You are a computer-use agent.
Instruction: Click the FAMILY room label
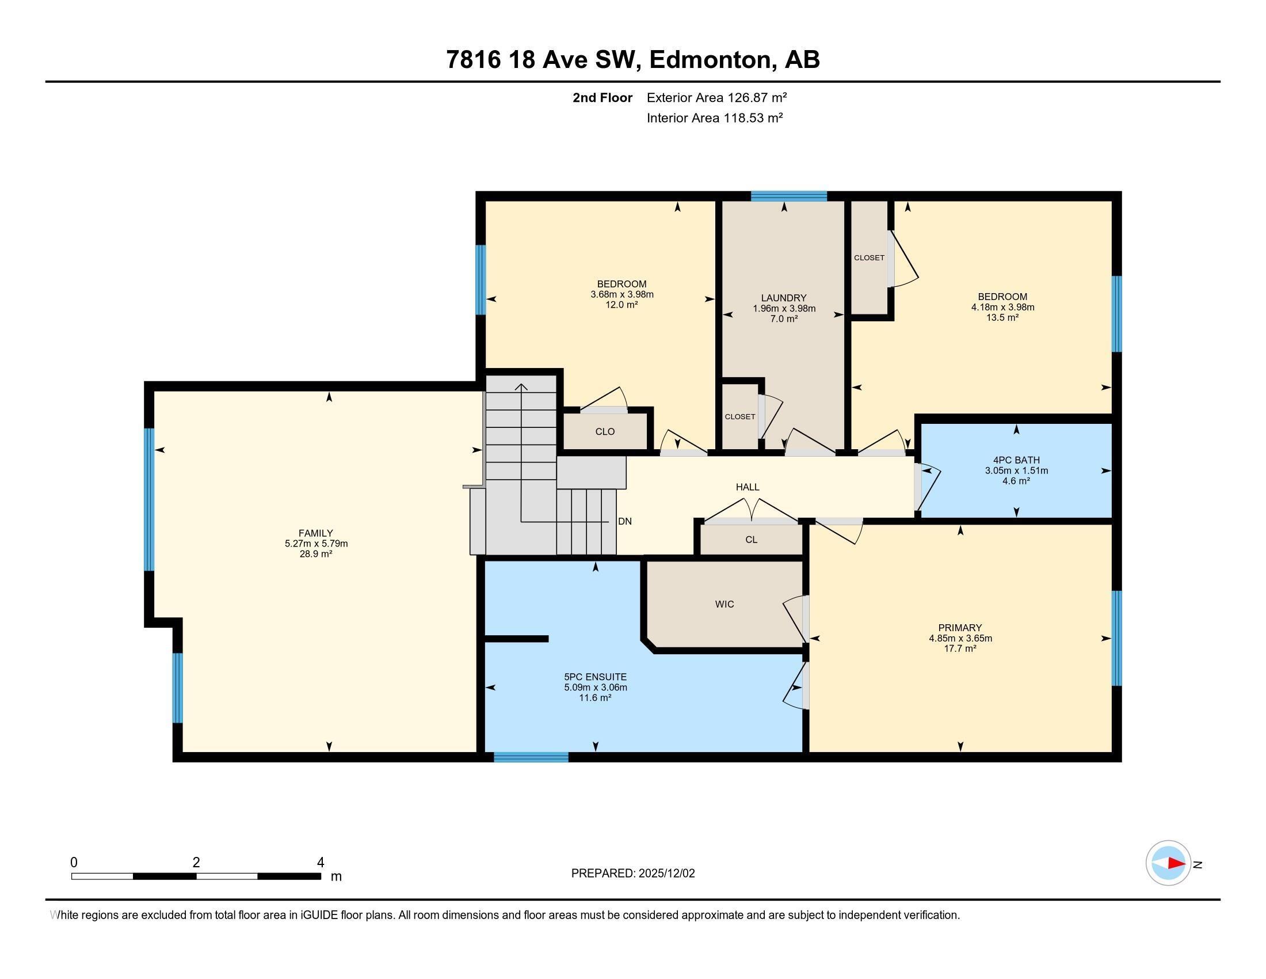click(x=315, y=533)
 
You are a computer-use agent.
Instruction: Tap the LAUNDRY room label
click(x=784, y=298)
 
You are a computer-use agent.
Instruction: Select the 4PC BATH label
click(x=1016, y=461)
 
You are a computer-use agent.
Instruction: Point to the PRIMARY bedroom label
click(x=960, y=628)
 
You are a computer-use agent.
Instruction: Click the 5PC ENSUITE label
click(x=596, y=677)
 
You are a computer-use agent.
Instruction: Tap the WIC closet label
click(x=724, y=604)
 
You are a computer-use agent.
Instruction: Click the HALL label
click(x=747, y=487)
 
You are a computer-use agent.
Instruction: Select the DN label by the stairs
click(x=624, y=521)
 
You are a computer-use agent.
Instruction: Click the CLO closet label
click(x=605, y=431)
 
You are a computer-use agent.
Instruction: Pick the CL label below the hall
click(x=750, y=540)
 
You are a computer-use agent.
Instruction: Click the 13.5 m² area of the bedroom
click(x=1002, y=318)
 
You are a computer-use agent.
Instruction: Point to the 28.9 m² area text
click(x=315, y=555)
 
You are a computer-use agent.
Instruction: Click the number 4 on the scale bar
click(x=320, y=863)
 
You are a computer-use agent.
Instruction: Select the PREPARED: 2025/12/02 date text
click(x=632, y=874)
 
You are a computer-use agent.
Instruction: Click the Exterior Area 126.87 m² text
click(x=716, y=97)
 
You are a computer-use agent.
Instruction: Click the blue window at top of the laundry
click(x=788, y=196)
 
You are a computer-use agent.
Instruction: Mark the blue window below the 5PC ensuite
click(x=531, y=757)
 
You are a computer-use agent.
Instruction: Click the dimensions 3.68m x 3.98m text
click(x=621, y=295)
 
